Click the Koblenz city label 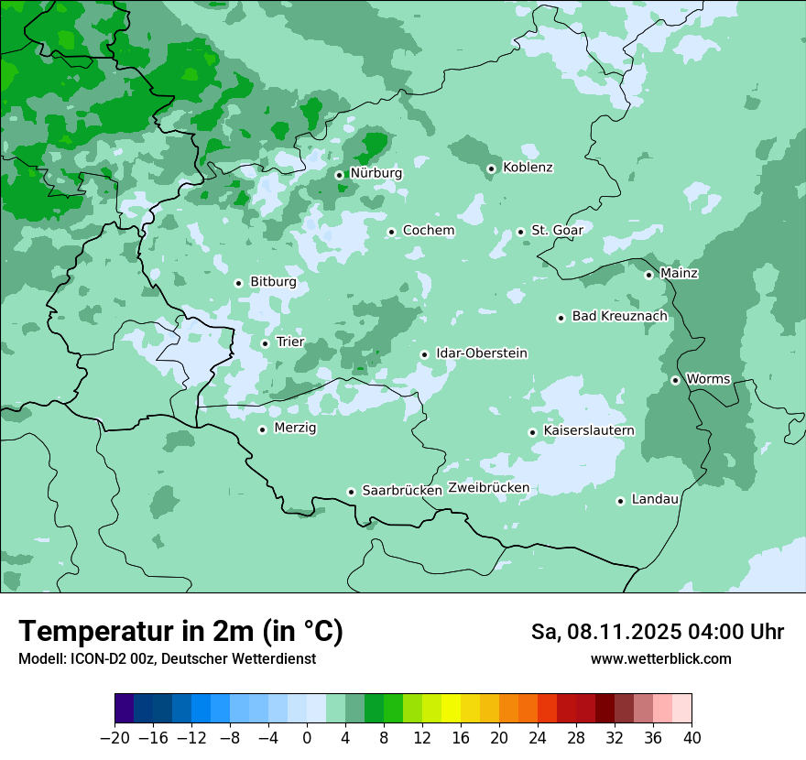528,168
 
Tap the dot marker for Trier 265,343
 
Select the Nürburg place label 376,173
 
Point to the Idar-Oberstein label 482,353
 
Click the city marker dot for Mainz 648,275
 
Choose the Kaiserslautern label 589,430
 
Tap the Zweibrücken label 488,488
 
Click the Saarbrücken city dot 351,492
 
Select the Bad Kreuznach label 620,316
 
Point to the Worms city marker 675,380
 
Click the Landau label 656,499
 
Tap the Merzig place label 296,428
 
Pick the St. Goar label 557,231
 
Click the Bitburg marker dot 238,283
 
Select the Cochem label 429,231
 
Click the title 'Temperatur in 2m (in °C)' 181,632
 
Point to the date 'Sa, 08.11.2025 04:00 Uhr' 658,632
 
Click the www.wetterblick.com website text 661,659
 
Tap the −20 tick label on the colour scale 114,738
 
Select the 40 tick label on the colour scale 692,738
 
